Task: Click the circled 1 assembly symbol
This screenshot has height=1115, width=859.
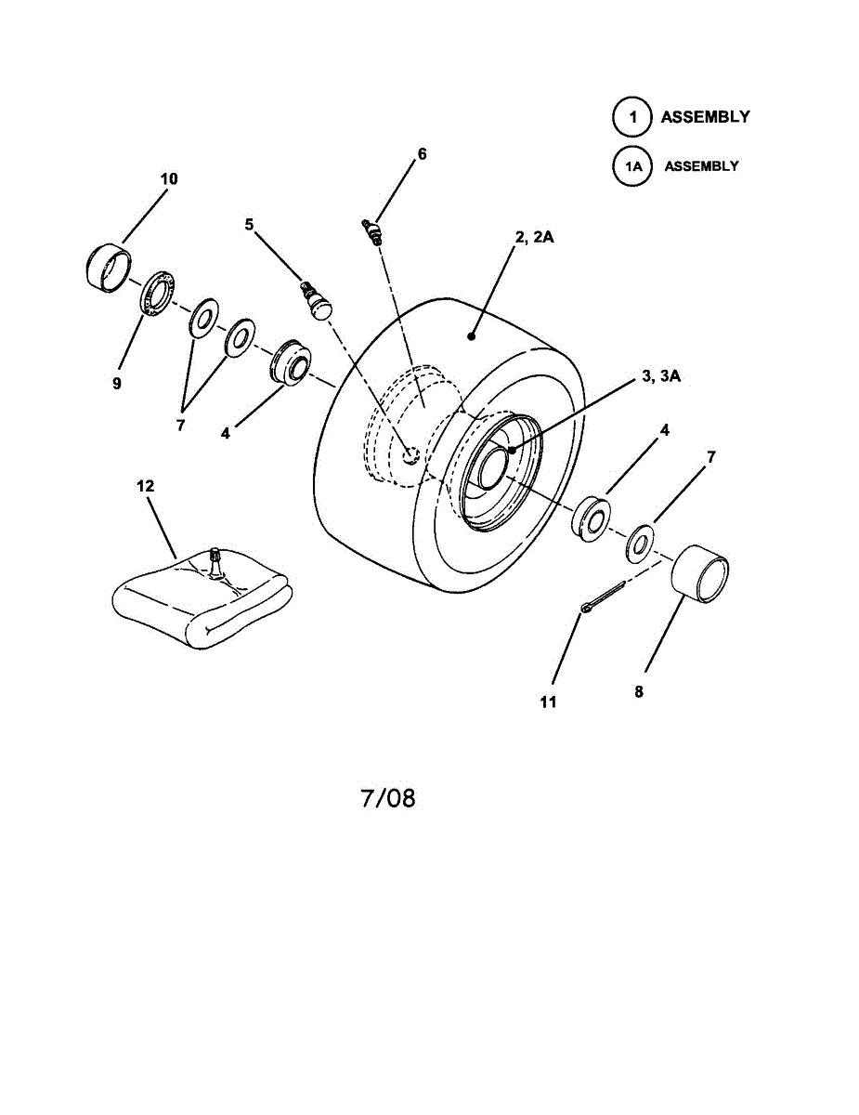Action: click(x=631, y=118)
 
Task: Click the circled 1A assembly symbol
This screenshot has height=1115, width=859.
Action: click(x=631, y=166)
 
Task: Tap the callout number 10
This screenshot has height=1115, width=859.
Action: click(x=169, y=178)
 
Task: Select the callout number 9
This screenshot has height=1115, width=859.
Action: click(x=117, y=383)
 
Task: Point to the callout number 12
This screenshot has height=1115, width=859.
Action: click(x=146, y=486)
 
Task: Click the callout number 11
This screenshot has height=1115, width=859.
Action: click(x=549, y=702)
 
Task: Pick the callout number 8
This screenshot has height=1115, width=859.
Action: click(x=639, y=692)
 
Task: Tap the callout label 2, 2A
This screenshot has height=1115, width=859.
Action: click(x=534, y=238)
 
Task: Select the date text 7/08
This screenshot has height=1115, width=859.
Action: click(x=388, y=797)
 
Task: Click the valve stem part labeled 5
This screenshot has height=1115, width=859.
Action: click(x=316, y=300)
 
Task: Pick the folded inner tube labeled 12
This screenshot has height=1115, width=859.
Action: click(x=201, y=602)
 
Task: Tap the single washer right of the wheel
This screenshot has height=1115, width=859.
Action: click(x=639, y=543)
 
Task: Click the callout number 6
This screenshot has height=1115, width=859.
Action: click(x=422, y=154)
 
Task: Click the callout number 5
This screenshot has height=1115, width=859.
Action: click(x=249, y=224)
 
